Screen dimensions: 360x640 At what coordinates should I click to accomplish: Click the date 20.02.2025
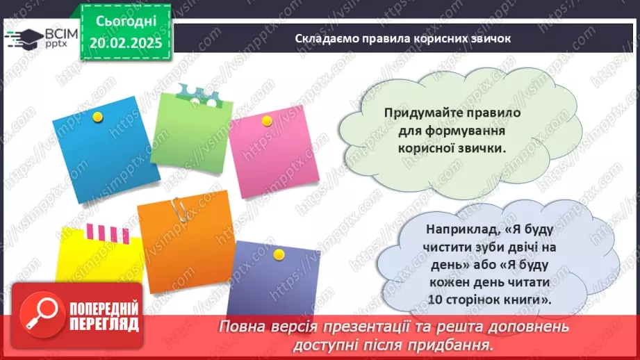tap(125, 43)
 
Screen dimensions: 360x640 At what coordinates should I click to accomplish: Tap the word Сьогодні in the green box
tap(125, 22)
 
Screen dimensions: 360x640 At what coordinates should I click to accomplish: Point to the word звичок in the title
tap(491, 38)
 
